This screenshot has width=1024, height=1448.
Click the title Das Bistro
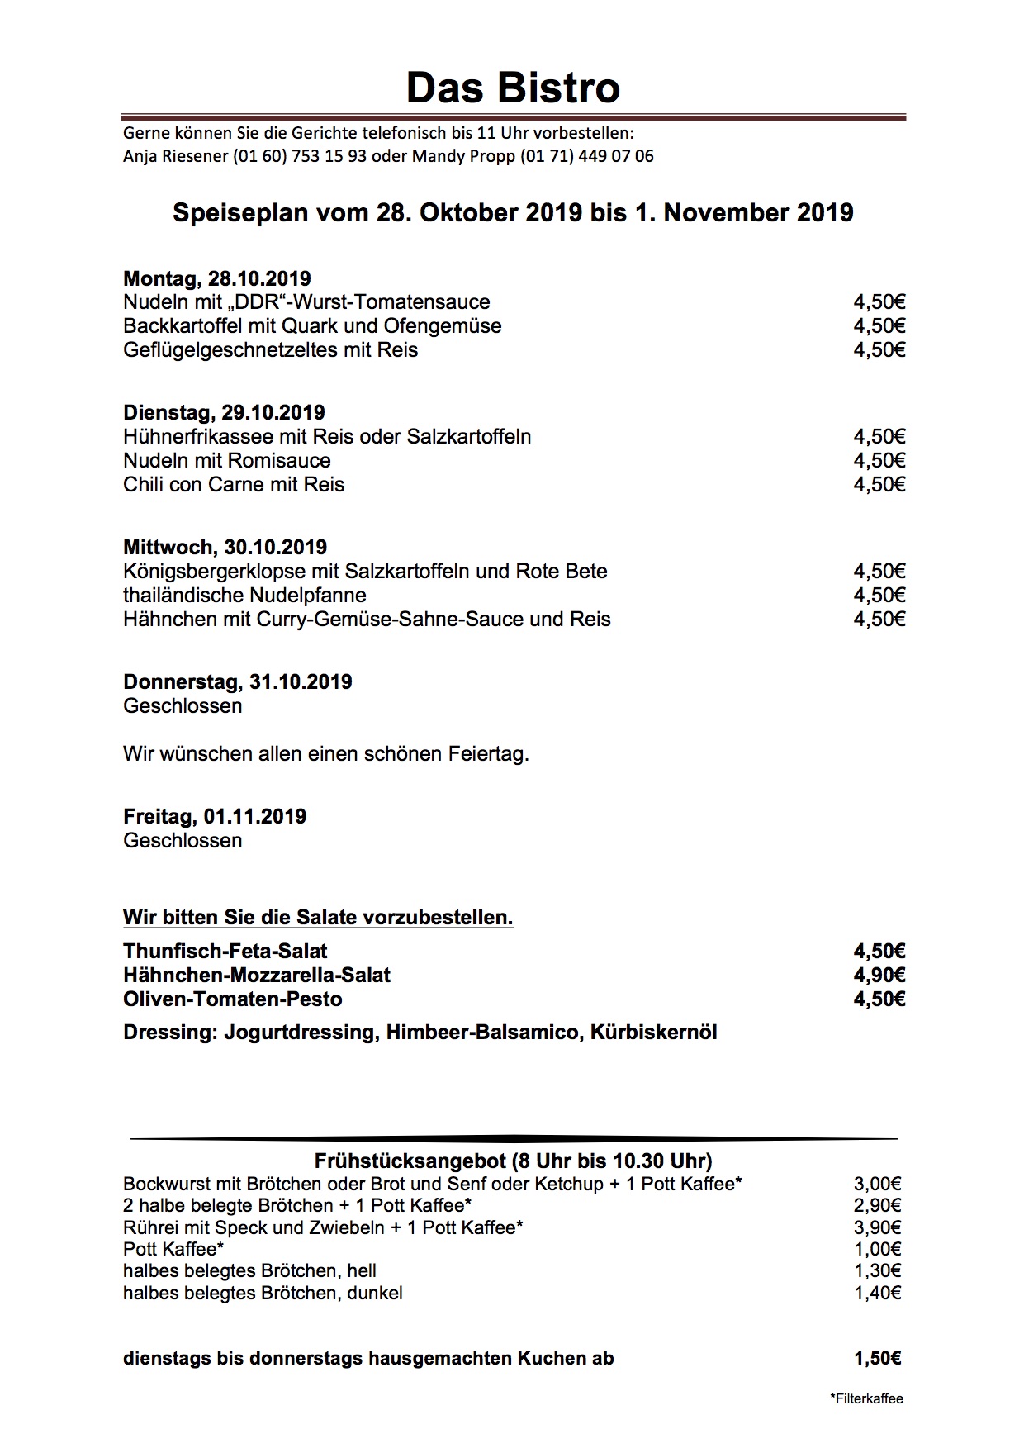[x=512, y=88]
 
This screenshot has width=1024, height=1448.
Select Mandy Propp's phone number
[x=587, y=156]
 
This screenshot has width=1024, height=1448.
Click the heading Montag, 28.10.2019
[x=217, y=278]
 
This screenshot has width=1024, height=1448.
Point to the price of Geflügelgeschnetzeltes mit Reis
[x=879, y=350]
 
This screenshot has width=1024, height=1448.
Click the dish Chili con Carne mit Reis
[x=234, y=485]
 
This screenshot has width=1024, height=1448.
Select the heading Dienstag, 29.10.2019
[x=224, y=413]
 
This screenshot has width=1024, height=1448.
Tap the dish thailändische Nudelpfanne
[x=244, y=596]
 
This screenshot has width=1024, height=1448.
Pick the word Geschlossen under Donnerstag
[x=183, y=706]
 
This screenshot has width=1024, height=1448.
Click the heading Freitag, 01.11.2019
[x=215, y=817]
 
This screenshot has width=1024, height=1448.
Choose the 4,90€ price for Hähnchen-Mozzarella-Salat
[x=879, y=976]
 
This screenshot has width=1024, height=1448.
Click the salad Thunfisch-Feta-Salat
[x=225, y=952]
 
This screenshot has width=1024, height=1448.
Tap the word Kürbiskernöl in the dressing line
[x=653, y=1033]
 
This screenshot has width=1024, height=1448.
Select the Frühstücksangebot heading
[x=513, y=1161]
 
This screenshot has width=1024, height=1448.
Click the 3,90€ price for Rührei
[x=877, y=1227]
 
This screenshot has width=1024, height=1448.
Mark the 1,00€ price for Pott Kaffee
[x=877, y=1249]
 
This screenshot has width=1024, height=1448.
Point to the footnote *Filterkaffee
[x=866, y=1398]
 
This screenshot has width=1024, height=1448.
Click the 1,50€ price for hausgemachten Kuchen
[x=877, y=1358]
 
